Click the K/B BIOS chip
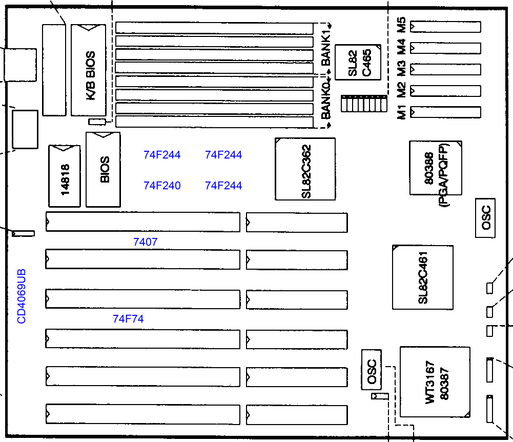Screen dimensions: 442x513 [89, 70]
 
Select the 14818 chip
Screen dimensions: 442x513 [65, 176]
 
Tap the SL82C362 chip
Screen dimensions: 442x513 [305, 169]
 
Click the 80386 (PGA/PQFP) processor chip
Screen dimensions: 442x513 [435, 168]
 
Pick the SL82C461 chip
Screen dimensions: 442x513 [423, 277]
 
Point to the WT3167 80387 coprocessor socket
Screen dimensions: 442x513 [435, 382]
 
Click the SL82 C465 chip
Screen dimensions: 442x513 [358, 62]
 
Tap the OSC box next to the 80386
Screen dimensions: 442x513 [485, 218]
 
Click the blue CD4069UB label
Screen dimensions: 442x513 [22, 296]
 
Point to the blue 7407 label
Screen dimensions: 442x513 [145, 242]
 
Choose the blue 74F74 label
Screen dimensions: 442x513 [128, 319]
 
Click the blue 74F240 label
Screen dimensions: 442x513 [162, 186]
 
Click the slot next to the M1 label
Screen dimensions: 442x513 [446, 112]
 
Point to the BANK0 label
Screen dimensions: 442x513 [326, 101]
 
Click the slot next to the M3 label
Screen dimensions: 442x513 [446, 69]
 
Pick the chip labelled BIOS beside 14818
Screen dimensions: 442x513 [104, 170]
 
